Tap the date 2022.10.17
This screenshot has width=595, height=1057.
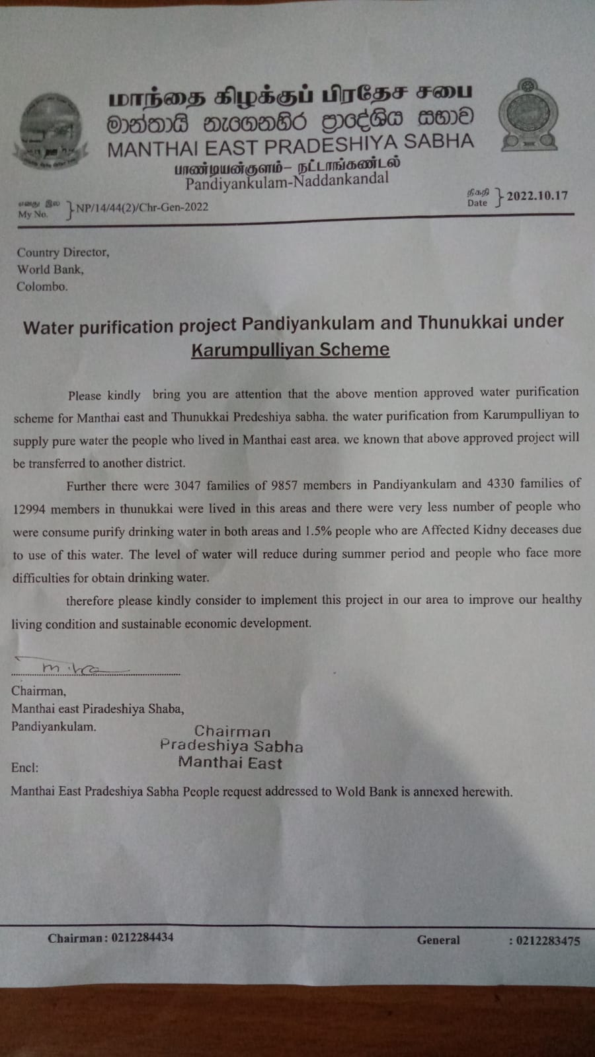(x=537, y=196)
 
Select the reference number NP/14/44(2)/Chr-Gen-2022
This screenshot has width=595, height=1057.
(x=141, y=207)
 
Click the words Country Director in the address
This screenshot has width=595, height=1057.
(x=63, y=252)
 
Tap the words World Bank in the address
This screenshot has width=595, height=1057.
(x=50, y=270)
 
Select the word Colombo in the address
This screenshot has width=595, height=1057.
(x=42, y=287)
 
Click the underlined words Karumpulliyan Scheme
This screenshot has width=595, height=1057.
(x=290, y=349)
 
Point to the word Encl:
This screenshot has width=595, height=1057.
(x=25, y=768)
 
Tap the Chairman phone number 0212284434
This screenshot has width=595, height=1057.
(x=142, y=937)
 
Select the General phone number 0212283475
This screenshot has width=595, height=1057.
(x=547, y=941)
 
